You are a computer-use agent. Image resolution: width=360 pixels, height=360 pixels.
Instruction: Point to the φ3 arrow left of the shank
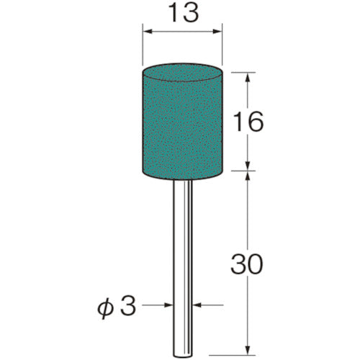pyautogui.click(x=168, y=306)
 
